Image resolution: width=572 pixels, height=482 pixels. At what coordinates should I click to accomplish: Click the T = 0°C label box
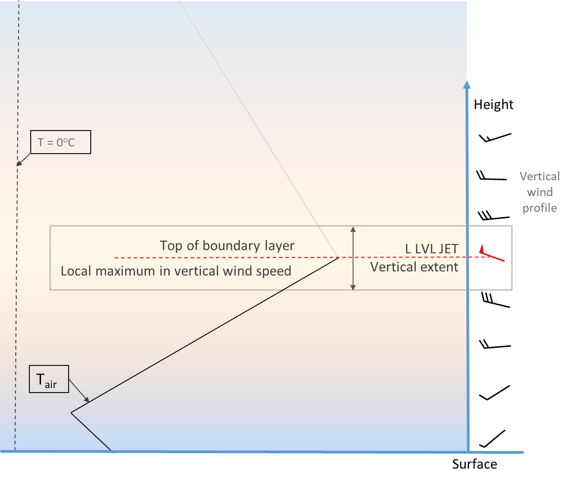tap(60, 142)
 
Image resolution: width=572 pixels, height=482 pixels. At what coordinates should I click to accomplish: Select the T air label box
tap(49, 379)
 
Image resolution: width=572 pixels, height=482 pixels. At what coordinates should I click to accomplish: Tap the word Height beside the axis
tap(493, 104)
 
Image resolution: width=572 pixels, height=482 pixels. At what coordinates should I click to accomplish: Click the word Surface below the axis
tap(474, 464)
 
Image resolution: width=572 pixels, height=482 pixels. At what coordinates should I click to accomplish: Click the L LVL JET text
tap(432, 248)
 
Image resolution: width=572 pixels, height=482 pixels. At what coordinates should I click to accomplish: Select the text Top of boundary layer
tap(227, 245)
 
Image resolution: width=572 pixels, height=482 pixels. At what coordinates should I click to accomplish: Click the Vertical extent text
tap(414, 267)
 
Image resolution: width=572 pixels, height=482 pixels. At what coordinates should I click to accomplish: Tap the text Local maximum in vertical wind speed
tap(176, 271)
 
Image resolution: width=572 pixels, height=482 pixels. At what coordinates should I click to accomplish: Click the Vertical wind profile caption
tap(539, 192)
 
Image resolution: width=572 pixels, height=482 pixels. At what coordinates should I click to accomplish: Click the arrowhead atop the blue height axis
tap(467, 84)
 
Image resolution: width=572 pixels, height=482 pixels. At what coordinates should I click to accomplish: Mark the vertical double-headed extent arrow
tap(353, 258)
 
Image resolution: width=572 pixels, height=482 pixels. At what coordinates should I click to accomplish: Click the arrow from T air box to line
tap(79, 391)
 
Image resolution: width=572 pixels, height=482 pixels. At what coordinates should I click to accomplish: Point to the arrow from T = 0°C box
tap(23, 160)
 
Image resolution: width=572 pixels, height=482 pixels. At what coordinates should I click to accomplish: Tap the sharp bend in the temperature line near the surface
tap(71, 412)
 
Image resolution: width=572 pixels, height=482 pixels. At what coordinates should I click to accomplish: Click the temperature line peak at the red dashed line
tap(338, 257)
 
